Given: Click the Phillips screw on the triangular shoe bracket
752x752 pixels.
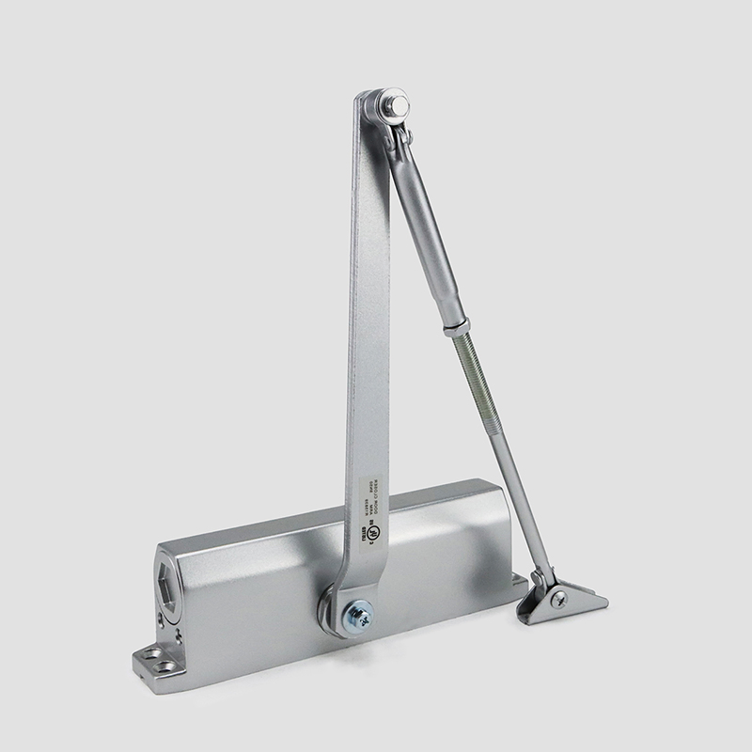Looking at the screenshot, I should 560,599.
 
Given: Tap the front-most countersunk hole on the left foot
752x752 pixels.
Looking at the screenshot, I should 167,666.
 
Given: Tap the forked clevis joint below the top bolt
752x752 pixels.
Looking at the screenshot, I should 401,141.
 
